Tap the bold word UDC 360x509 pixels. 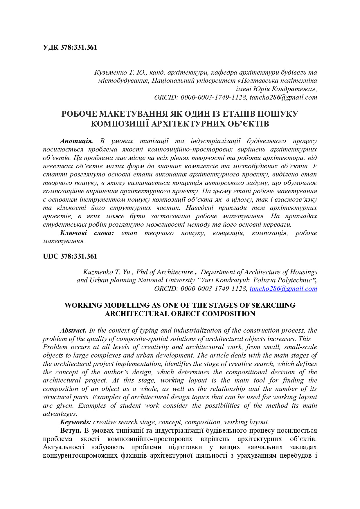point(51,257)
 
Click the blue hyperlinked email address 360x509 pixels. point(283,289)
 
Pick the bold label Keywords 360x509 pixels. point(75,422)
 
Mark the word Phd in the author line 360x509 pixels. point(142,272)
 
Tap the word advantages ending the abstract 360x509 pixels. point(60,414)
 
